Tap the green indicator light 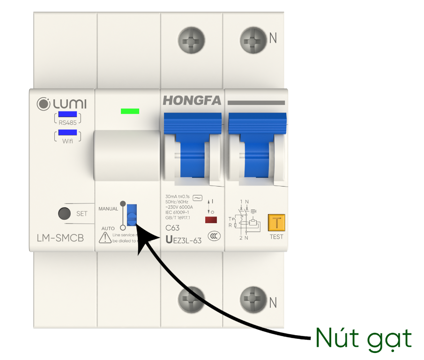coord(130,112)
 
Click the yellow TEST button coord(276,223)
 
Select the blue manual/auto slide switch coord(132,215)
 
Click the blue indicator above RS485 coord(67,114)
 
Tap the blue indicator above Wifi coord(67,133)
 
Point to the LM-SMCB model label coord(60,238)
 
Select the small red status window coord(211,219)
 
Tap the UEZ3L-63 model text coord(184,240)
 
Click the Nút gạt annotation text coord(363,337)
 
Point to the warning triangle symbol coord(105,237)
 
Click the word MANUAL coord(108,208)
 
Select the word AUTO coord(108,228)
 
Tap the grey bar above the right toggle coord(256,103)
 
